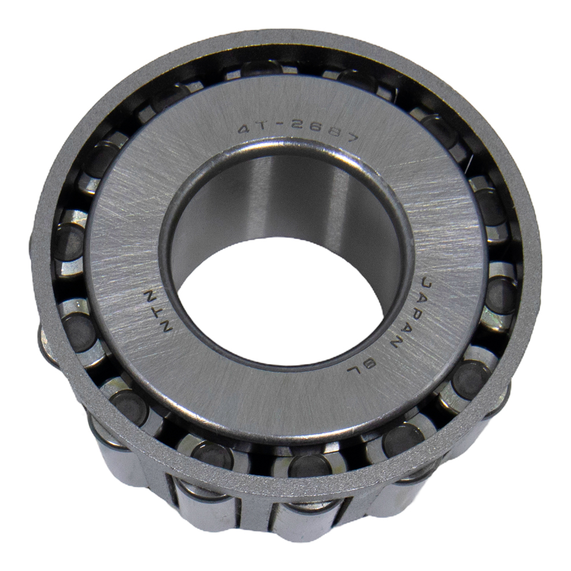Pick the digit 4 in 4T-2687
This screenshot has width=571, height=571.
246,129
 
